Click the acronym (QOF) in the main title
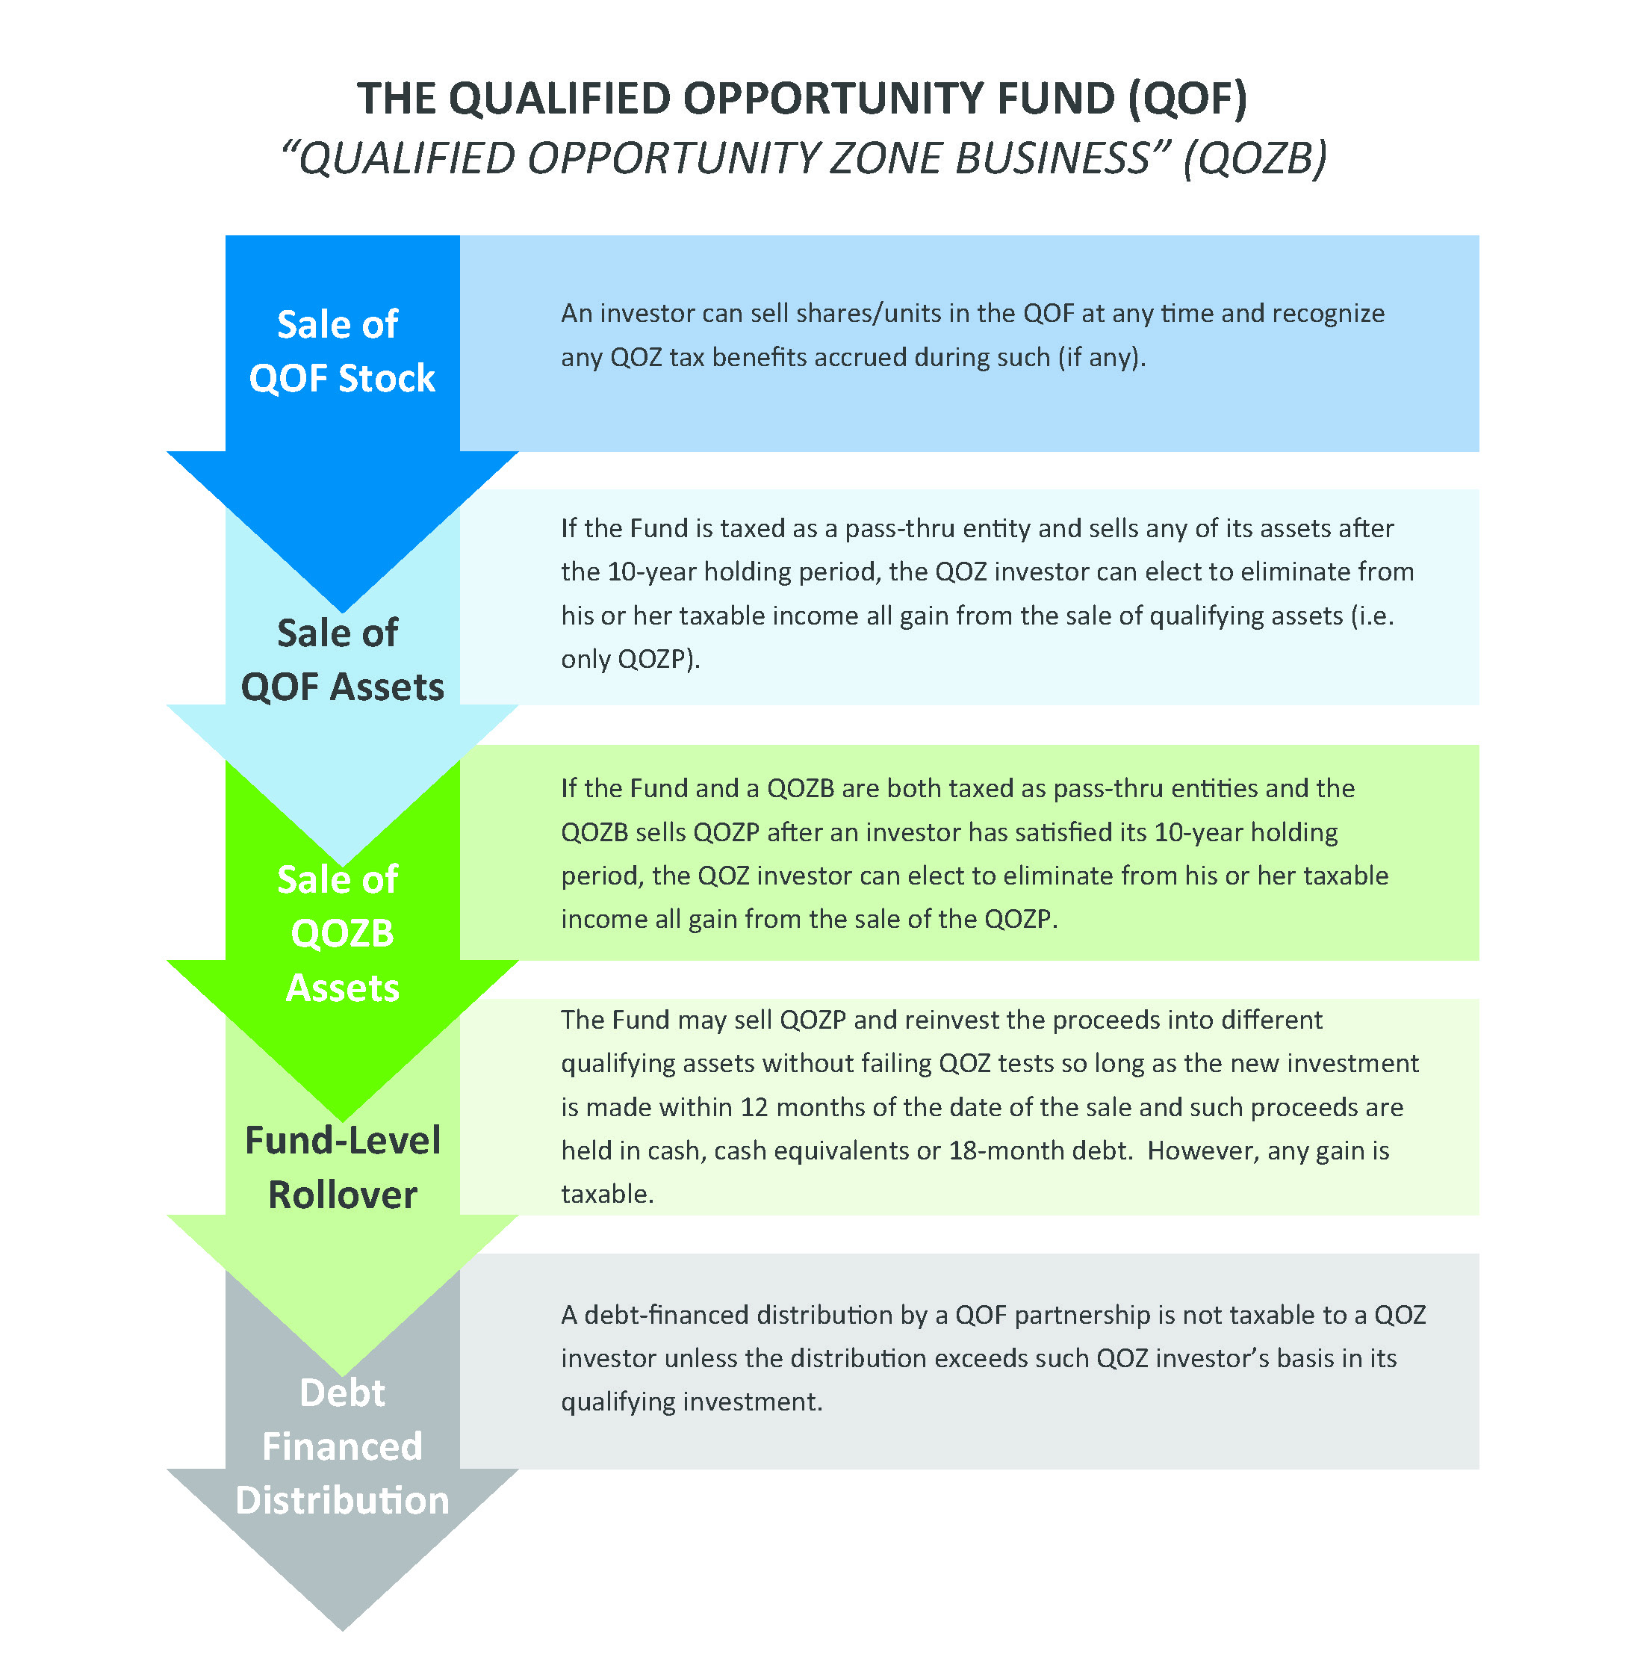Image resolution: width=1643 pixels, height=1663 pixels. coord(1187,99)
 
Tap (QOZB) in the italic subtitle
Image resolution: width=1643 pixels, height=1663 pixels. coord(1254,159)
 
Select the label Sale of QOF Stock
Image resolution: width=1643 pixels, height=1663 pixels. coord(342,351)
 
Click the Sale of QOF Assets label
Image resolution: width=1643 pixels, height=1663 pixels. coord(342,660)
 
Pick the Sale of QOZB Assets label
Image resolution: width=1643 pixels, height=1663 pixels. coord(342,933)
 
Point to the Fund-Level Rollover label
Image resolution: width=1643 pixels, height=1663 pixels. coord(342,1167)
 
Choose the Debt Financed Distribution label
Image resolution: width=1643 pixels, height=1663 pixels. coord(342,1446)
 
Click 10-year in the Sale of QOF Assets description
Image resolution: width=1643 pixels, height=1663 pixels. coord(651,572)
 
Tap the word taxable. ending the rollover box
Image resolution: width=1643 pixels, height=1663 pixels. coord(606,1195)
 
